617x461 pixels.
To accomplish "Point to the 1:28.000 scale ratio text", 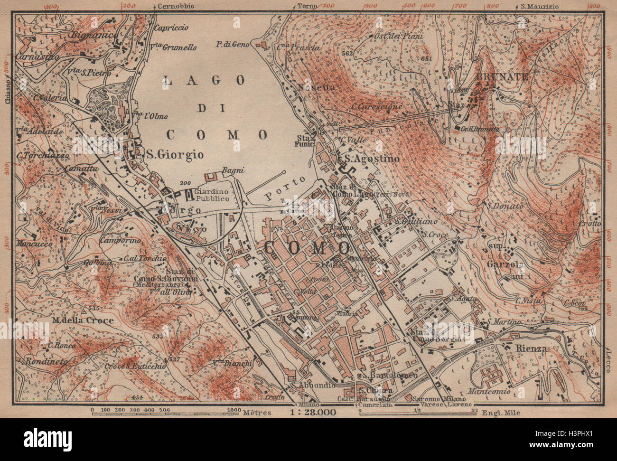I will [315, 412].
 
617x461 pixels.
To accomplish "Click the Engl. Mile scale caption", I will [502, 413].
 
